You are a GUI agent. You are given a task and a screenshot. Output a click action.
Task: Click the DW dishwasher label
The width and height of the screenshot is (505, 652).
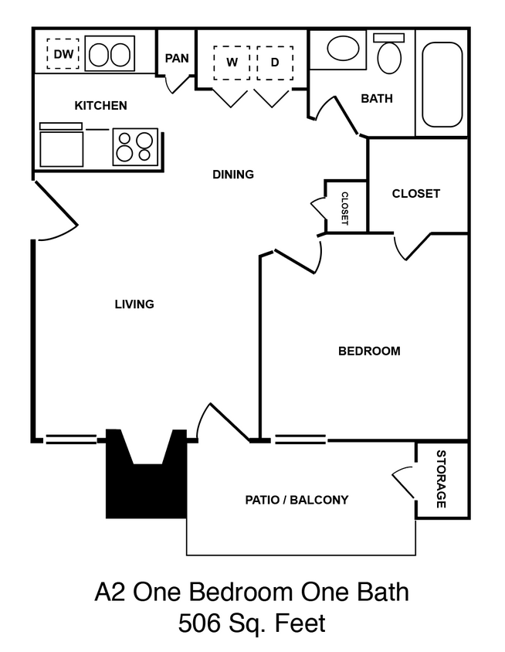coord(63,54)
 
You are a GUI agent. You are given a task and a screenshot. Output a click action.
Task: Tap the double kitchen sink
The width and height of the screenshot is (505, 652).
coord(109,55)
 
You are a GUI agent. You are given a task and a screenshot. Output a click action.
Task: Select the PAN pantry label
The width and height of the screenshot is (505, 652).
coord(177,58)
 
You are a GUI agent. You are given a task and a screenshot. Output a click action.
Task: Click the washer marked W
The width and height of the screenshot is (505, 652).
coord(232,63)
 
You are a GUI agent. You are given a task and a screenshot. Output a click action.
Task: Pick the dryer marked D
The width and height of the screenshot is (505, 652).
coord(274,63)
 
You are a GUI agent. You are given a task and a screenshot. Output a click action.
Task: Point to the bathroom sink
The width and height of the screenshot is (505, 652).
coord(341,49)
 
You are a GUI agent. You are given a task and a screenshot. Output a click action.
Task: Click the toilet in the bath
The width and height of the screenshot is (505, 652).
coord(390,55)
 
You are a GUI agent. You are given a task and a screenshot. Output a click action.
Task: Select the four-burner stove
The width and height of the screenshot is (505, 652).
coord(135,147)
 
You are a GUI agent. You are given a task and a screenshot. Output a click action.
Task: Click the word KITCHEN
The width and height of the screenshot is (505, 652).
coord(100,105)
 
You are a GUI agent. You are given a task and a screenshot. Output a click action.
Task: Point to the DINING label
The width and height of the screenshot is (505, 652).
coord(233,175)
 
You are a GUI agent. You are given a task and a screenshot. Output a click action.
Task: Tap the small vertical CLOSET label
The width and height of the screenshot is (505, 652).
coord(344,208)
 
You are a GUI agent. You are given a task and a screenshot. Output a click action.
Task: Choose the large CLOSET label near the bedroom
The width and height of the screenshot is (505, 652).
coord(416,193)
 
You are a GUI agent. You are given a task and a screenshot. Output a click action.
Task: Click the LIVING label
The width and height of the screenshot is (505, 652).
coord(134,304)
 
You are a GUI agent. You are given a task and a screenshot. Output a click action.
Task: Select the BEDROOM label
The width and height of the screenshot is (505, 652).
coord(370,351)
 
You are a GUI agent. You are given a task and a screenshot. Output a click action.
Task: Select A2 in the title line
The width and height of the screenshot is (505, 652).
coord(111,593)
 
